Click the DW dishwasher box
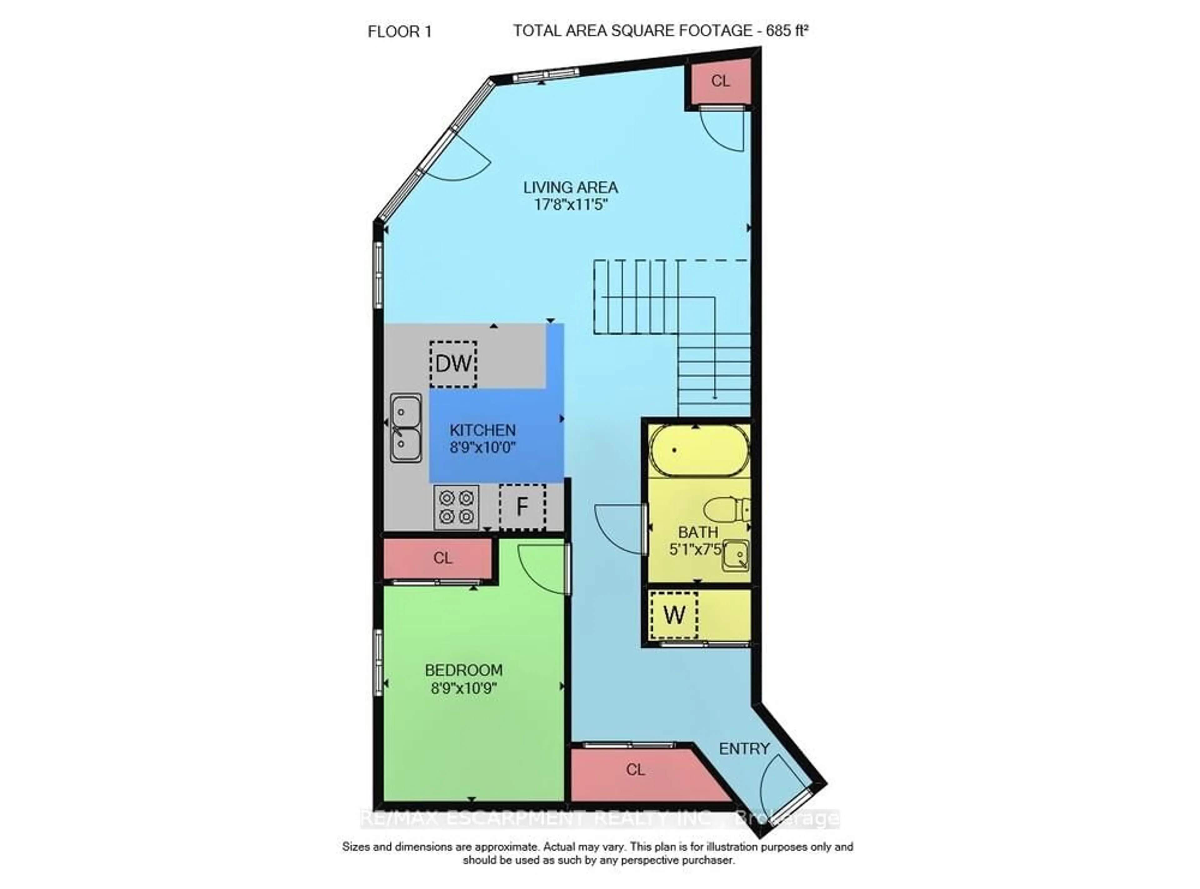tap(453, 364)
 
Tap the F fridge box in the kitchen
tap(522, 507)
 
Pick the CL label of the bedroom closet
tap(443, 558)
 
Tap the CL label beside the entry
tap(635, 770)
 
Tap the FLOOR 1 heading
tap(399, 32)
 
